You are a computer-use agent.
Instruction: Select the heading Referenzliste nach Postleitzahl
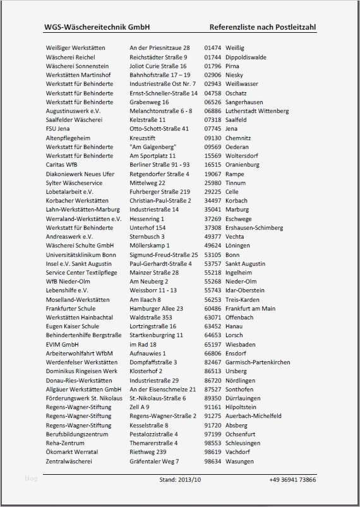click(x=262, y=27)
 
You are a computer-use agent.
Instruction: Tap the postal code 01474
click(x=213, y=48)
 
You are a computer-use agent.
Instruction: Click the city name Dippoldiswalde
click(x=246, y=57)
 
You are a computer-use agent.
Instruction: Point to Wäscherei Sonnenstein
click(x=77, y=66)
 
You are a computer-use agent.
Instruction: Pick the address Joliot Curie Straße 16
click(x=158, y=66)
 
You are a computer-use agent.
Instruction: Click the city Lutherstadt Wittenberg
click(x=256, y=110)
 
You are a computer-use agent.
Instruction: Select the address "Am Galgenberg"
click(x=153, y=147)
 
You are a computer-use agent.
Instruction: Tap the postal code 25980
click(x=213, y=182)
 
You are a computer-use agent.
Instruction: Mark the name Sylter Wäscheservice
click(x=74, y=182)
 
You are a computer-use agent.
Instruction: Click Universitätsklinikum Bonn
click(x=81, y=254)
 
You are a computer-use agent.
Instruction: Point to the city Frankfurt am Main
click(x=250, y=308)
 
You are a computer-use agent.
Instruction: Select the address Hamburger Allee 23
click(x=156, y=308)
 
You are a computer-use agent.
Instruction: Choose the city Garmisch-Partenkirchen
click(x=258, y=362)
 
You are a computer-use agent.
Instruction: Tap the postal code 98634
click(x=213, y=462)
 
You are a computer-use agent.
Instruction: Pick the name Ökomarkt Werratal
click(x=72, y=452)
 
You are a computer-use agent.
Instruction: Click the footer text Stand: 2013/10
click(x=180, y=480)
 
